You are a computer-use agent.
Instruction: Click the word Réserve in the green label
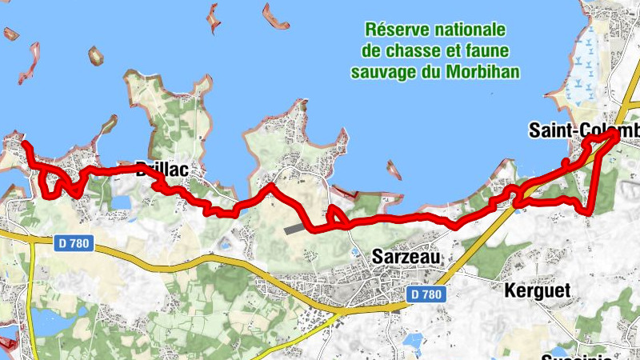point(396,30)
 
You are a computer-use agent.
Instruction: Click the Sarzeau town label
point(406,258)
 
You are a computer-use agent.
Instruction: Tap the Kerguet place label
point(538,290)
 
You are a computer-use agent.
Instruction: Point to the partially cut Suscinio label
point(576,356)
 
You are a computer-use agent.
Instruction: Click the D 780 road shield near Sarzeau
point(425,294)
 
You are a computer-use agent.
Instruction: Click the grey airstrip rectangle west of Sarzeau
point(294,229)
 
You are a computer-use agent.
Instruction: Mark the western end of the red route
point(25,146)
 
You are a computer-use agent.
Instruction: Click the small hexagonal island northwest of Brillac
point(96,56)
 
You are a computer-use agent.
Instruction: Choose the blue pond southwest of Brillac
point(120,202)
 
